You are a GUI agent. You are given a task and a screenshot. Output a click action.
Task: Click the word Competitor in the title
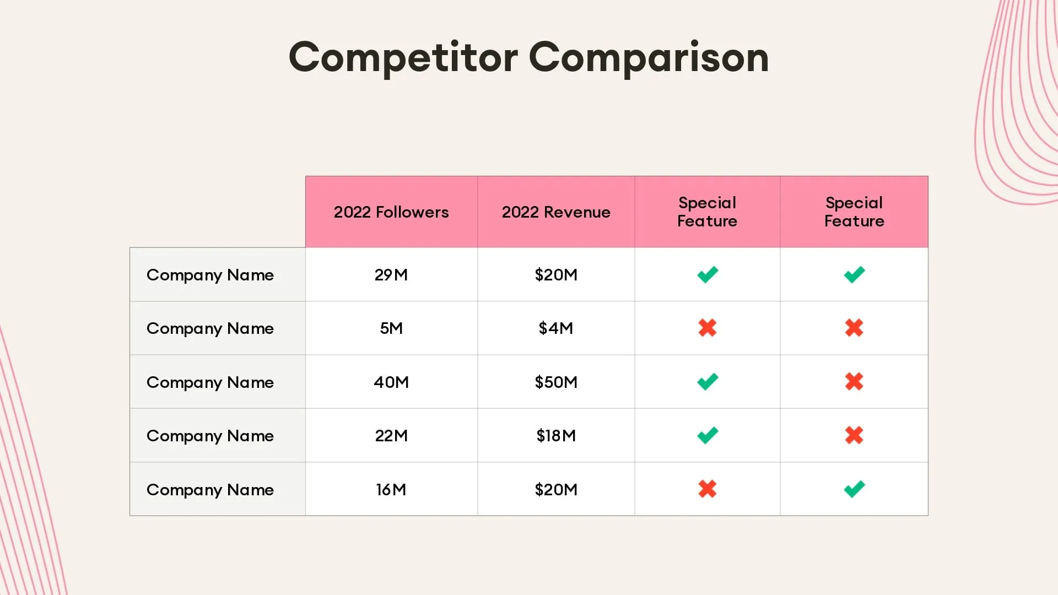click(403, 57)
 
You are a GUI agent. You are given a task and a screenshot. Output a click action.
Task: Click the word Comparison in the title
click(649, 57)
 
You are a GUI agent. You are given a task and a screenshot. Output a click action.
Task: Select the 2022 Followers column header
click(391, 212)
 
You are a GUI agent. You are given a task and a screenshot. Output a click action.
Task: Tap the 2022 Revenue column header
click(556, 212)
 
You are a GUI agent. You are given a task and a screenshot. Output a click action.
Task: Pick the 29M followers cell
click(391, 274)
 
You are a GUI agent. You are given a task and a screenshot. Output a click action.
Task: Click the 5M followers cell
click(391, 328)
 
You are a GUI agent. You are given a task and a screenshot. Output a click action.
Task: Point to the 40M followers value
click(391, 382)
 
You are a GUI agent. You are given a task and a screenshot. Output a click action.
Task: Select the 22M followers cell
click(391, 436)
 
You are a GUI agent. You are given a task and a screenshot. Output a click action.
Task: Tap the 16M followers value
click(391, 489)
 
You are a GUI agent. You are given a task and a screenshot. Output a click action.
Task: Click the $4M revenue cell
click(556, 328)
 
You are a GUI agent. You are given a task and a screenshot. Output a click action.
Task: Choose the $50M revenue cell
click(556, 382)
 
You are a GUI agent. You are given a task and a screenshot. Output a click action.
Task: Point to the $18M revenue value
click(556, 436)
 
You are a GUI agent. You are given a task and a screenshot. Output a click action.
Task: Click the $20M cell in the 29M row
click(556, 274)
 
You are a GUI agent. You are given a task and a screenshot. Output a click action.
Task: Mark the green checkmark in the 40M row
click(708, 381)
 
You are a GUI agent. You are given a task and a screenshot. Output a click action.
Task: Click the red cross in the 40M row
click(854, 381)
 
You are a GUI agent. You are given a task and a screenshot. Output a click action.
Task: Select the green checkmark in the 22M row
click(708, 435)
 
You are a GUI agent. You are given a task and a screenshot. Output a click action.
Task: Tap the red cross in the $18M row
click(854, 435)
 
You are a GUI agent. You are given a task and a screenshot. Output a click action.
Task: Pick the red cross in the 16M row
click(708, 489)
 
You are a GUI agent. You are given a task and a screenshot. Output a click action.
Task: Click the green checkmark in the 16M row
click(854, 489)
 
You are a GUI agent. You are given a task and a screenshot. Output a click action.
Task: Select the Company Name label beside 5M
click(210, 328)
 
